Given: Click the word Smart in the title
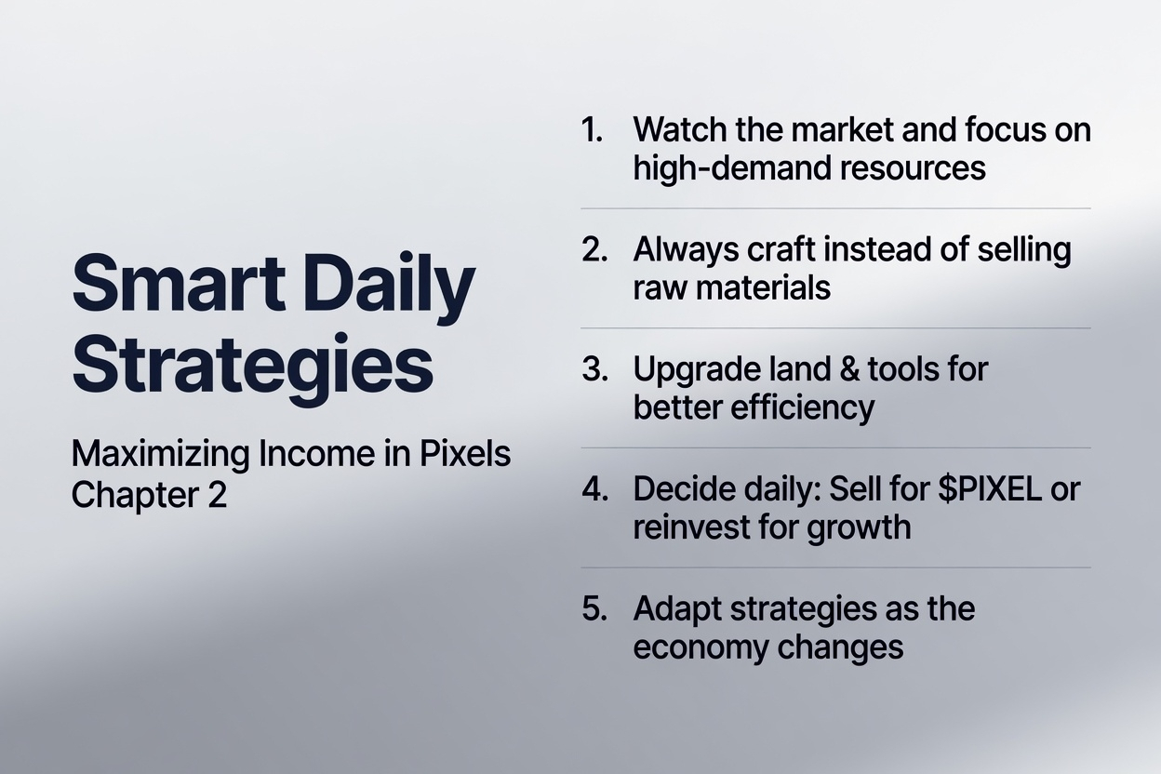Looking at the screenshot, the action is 179,283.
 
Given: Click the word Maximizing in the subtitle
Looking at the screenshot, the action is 161,455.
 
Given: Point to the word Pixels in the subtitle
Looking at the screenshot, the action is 465,454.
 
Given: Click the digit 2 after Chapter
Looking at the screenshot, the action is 217,495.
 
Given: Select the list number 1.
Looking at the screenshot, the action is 592,129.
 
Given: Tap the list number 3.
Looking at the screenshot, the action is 594,368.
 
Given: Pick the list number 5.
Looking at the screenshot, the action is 594,608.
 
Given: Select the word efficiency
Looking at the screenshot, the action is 802,408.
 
